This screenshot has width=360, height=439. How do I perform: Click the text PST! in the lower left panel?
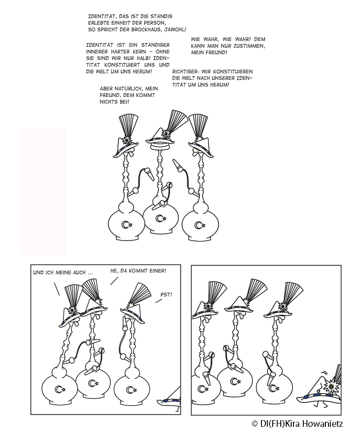(166, 294)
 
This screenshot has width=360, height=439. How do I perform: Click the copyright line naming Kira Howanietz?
(297, 424)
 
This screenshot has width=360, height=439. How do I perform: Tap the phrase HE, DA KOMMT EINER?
(138, 271)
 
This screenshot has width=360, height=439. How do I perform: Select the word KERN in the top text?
(139, 52)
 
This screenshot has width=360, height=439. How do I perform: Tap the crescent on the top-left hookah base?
(125, 225)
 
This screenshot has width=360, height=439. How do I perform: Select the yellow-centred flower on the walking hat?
(331, 387)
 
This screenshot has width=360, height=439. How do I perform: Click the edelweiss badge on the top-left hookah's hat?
(126, 140)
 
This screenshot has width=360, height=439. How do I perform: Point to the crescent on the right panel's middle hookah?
(233, 381)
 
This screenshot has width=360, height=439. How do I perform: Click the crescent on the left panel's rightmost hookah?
(130, 389)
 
